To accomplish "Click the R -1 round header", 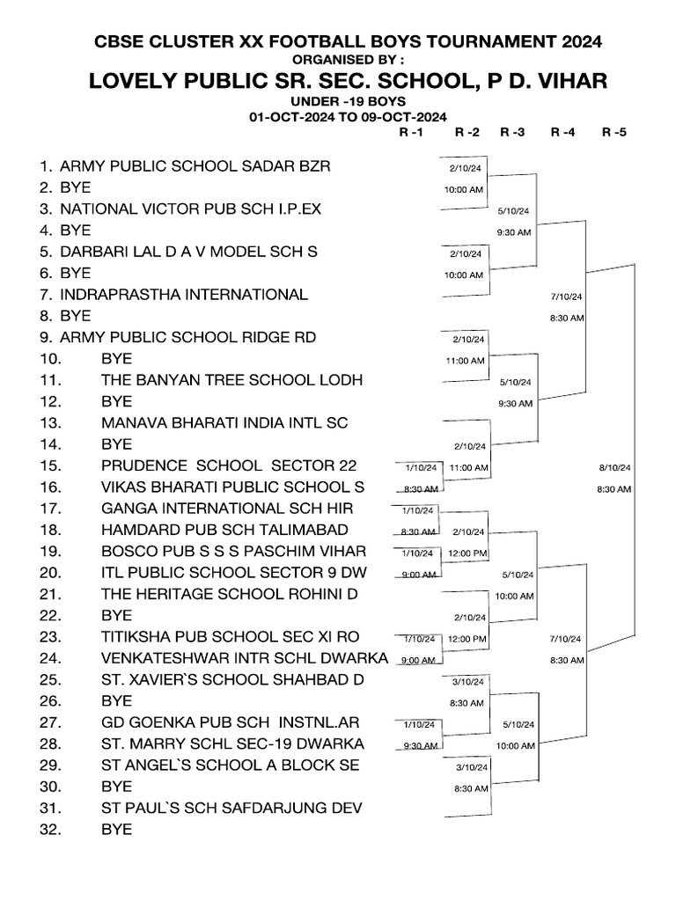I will [x=411, y=133].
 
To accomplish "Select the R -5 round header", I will [x=614, y=133].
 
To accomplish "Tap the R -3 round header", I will [x=512, y=133].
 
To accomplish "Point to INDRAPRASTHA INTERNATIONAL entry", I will [x=184, y=294].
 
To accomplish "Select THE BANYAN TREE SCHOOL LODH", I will [x=231, y=379].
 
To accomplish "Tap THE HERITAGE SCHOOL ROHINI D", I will [x=230, y=594].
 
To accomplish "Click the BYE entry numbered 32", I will [x=116, y=829].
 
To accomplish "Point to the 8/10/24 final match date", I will [x=614, y=468].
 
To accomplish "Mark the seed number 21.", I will [x=48, y=594].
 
